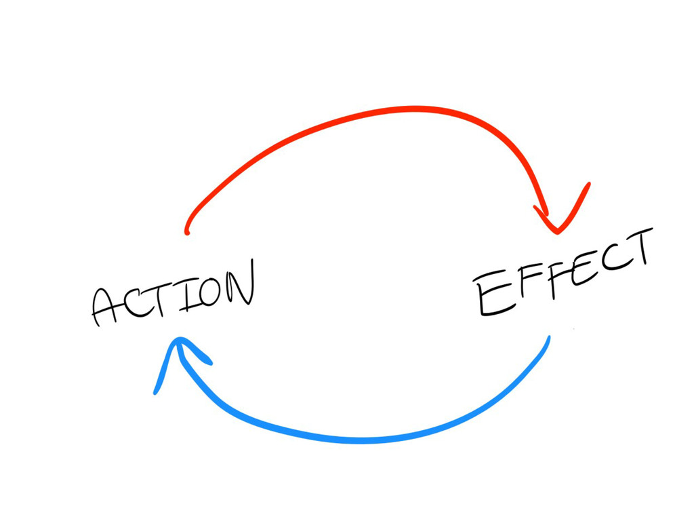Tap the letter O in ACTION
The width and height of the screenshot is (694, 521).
[209, 290]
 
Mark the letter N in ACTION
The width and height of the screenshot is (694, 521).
[240, 283]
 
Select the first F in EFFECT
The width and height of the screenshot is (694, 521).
[523, 286]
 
